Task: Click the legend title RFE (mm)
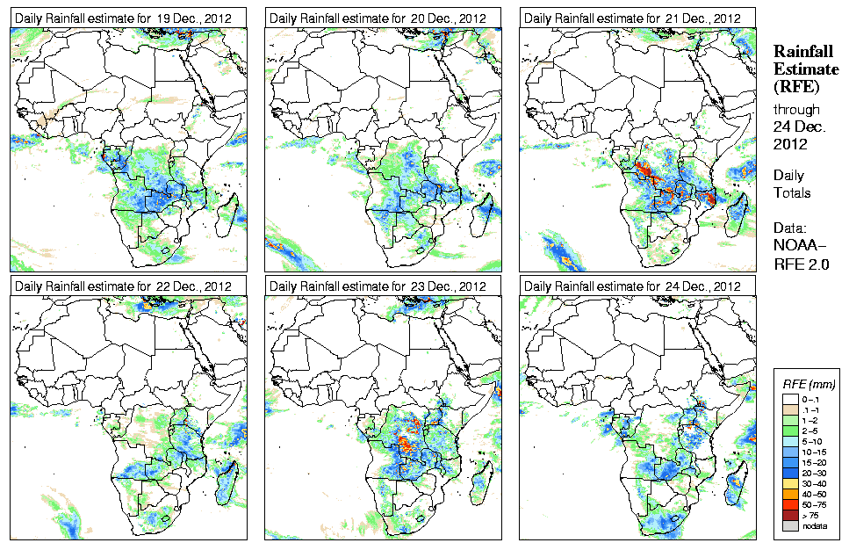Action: click(809, 384)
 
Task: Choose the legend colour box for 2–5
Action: click(790, 431)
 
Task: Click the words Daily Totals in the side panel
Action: click(792, 184)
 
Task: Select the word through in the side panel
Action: click(796, 110)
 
